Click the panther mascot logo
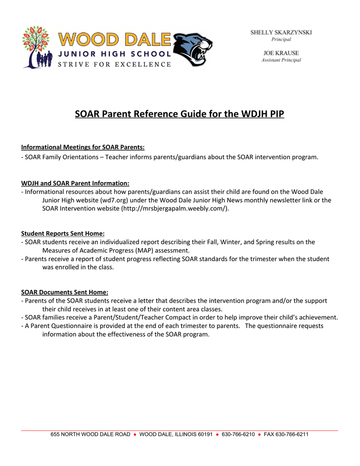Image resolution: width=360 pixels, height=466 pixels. coord(193,50)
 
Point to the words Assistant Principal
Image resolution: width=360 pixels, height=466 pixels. coord(281,60)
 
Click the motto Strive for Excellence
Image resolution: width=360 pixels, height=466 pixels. coord(114,64)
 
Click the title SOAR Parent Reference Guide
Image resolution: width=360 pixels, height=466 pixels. coord(179,114)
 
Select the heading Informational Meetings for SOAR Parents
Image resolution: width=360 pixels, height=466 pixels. coord(83,147)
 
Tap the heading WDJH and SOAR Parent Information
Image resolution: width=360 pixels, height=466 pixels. coord(75,183)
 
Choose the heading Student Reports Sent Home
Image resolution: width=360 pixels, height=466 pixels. coord(63,233)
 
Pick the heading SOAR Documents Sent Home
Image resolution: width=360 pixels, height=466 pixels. coord(65,292)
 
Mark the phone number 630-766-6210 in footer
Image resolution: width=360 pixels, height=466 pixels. coord(238,435)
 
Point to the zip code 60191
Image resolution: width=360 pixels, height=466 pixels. coord(205,435)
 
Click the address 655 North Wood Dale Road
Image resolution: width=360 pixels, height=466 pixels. coord(90,435)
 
